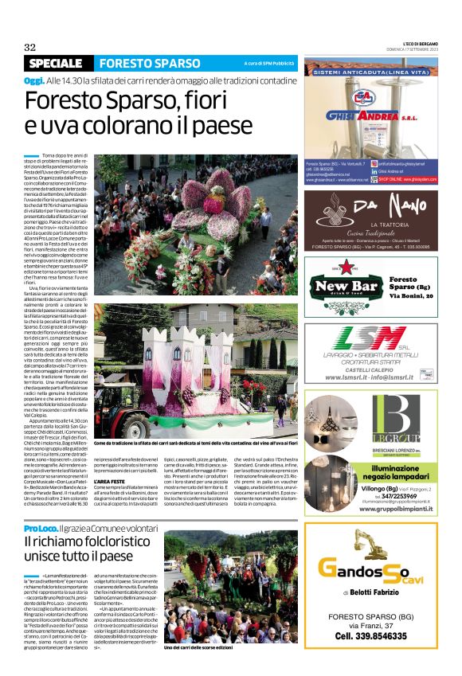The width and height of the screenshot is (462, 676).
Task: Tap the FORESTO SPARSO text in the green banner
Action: point(150,63)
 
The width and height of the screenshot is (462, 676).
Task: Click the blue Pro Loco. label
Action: point(39,529)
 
